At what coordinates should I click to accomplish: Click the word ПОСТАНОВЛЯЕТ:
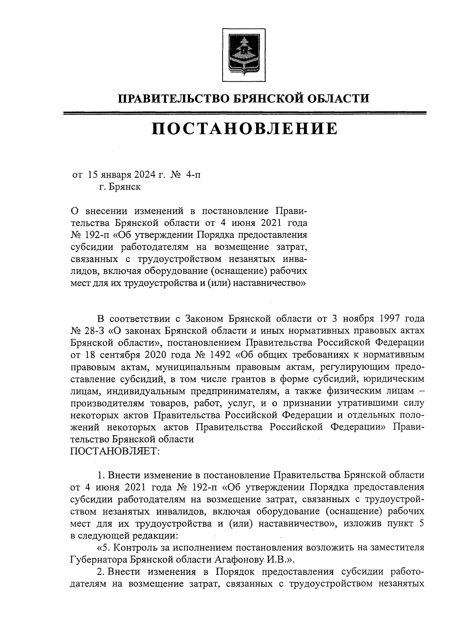pos(115,451)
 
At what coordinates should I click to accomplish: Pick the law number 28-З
pos(93,331)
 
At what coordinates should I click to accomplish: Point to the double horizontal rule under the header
pos(244,113)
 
